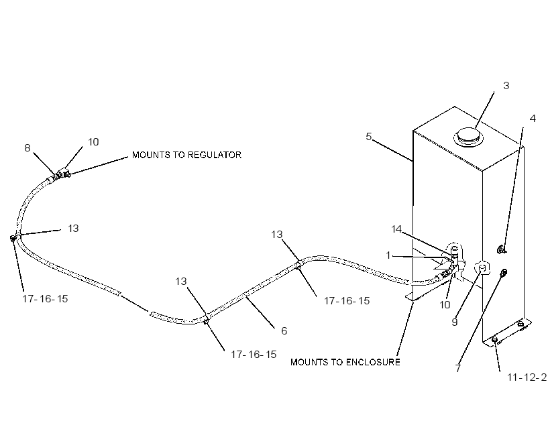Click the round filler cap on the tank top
click(x=468, y=137)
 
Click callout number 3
click(x=506, y=86)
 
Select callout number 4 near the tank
click(x=533, y=119)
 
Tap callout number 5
click(x=368, y=136)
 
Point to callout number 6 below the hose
click(x=284, y=330)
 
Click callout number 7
click(x=457, y=368)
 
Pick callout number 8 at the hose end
click(x=27, y=148)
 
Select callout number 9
click(x=455, y=322)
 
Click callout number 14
click(x=396, y=229)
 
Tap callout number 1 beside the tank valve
click(x=388, y=255)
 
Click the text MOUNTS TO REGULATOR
click(x=186, y=155)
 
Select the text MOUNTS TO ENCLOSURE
click(x=345, y=362)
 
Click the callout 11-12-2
click(x=527, y=377)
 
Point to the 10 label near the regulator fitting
click(x=93, y=142)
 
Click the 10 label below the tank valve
click(x=445, y=305)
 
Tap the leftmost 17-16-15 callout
click(x=45, y=299)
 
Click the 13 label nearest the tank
click(x=277, y=234)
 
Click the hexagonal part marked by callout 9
click(x=482, y=268)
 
